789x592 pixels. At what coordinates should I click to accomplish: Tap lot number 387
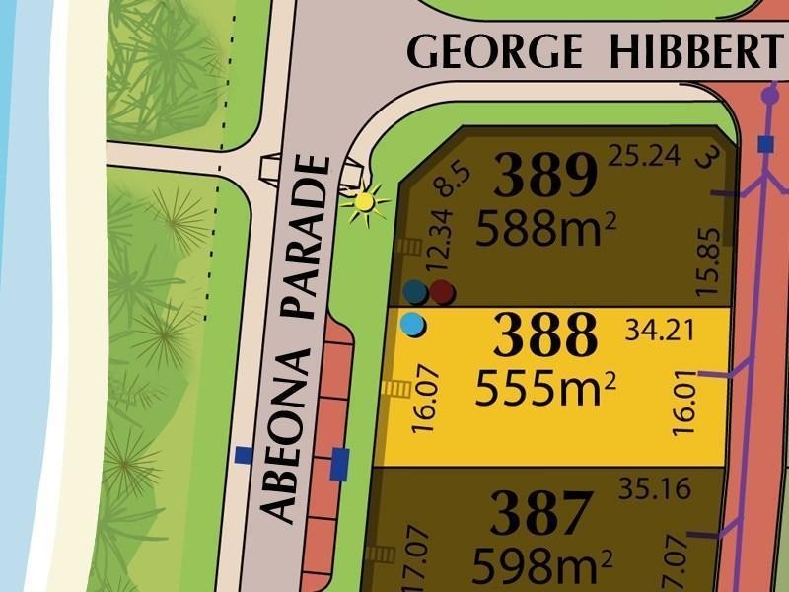point(542,514)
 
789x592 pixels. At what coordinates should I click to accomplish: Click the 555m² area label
point(545,389)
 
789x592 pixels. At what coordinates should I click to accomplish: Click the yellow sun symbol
point(365,202)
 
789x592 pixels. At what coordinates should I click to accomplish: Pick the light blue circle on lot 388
point(414,323)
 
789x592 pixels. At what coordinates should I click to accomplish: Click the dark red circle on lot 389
point(443,291)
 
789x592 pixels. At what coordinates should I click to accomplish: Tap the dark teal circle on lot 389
point(415,291)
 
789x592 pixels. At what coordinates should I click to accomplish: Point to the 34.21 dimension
point(660,330)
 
